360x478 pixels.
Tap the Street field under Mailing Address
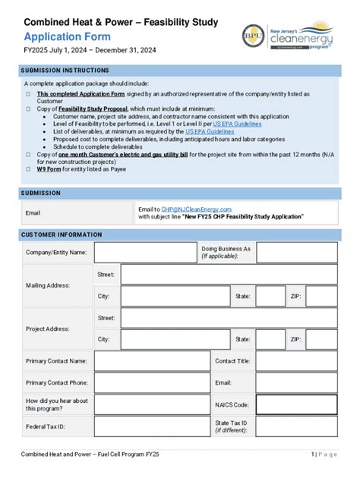pyautogui.click(x=229, y=274)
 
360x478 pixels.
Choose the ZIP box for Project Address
pyautogui.click(x=321, y=340)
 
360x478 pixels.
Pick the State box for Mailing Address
pyautogui.click(x=270, y=296)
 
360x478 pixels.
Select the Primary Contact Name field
pyautogui.click(x=152, y=361)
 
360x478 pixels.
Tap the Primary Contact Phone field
pyautogui.click(x=152, y=383)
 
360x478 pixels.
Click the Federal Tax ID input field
pyautogui.click(x=152, y=427)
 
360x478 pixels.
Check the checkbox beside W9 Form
pyautogui.click(x=27, y=168)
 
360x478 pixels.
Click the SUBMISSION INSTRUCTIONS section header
pyautogui.click(x=65, y=71)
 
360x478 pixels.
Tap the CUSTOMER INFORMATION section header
pyautogui.click(x=61, y=234)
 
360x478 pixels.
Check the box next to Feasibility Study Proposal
pyautogui.click(x=27, y=108)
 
